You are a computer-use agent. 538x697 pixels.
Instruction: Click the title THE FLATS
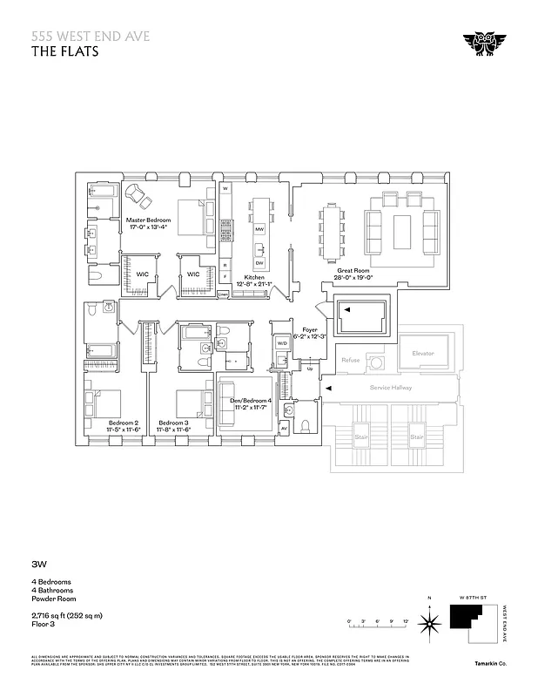tap(65, 51)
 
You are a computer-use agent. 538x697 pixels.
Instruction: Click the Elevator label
tap(422, 353)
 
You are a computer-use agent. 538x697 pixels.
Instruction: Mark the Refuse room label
tap(351, 360)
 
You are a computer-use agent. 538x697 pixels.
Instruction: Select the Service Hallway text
tap(390, 388)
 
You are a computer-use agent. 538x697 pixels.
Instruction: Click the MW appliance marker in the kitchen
tap(259, 229)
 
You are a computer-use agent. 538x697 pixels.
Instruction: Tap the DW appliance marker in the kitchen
tap(259, 262)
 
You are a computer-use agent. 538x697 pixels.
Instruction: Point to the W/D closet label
tap(282, 342)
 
